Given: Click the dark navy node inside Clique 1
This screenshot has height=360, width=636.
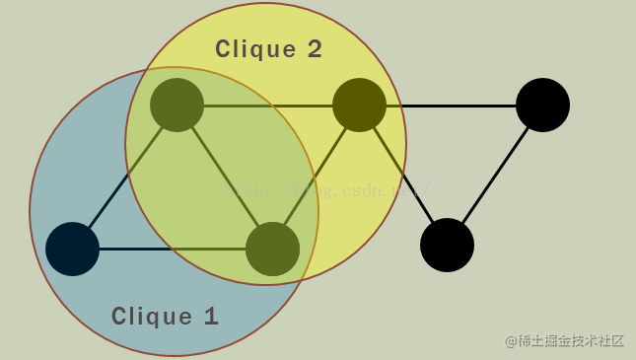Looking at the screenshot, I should click(72, 249).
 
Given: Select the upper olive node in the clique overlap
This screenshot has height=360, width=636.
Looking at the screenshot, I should click(177, 105).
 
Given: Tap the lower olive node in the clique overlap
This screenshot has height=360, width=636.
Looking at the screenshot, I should click(272, 249).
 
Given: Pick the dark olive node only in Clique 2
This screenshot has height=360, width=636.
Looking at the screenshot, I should click(359, 105).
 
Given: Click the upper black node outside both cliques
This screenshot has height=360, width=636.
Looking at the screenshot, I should click(542, 105).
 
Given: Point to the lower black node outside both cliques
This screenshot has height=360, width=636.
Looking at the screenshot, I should click(447, 245).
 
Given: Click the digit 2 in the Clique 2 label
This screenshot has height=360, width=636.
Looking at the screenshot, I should click(315, 49).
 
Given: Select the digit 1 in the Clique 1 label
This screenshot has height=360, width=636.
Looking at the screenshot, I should click(211, 317).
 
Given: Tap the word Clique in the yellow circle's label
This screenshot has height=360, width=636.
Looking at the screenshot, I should click(255, 49).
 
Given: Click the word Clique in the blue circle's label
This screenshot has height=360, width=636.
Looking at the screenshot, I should click(152, 317).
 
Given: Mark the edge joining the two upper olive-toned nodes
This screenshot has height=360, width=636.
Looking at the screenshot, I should click(268, 106).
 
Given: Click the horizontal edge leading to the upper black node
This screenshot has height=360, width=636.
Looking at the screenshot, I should click(451, 106).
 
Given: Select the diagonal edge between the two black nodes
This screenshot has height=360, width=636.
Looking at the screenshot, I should click(495, 175).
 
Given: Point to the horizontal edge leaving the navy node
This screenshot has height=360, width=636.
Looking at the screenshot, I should click(173, 249).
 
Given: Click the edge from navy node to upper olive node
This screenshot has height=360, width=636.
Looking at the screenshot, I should click(125, 177).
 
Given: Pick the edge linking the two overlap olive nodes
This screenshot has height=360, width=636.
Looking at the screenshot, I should click(225, 177).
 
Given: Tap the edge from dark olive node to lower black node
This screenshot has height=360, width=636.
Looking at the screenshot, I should click(403, 175).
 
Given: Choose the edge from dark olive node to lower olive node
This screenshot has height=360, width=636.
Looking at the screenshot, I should click(316, 177).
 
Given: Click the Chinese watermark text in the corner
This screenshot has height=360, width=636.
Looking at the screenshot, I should click(564, 341).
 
